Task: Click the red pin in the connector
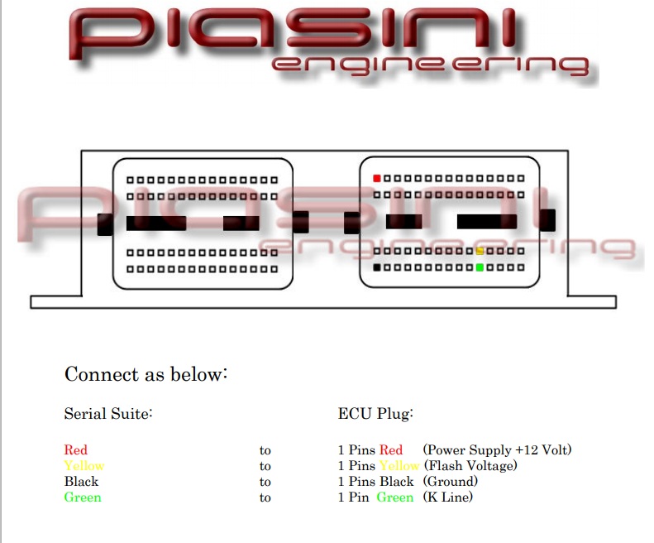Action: tap(377, 178)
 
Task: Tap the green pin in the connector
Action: tap(480, 267)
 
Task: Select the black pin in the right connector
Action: tap(377, 267)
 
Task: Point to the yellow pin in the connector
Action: tap(480, 251)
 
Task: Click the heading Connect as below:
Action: tap(146, 374)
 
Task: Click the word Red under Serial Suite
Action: tap(75, 450)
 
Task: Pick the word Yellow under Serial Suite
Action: tap(84, 466)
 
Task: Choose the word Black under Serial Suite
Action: tap(81, 482)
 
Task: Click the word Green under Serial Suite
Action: tap(83, 497)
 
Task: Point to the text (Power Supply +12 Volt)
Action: tap(497, 450)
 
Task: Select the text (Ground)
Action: tap(451, 482)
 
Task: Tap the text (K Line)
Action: tap(448, 497)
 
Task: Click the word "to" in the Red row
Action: tap(265, 451)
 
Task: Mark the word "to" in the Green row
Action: tap(265, 498)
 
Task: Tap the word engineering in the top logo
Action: tap(430, 66)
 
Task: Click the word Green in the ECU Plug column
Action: tap(394, 497)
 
